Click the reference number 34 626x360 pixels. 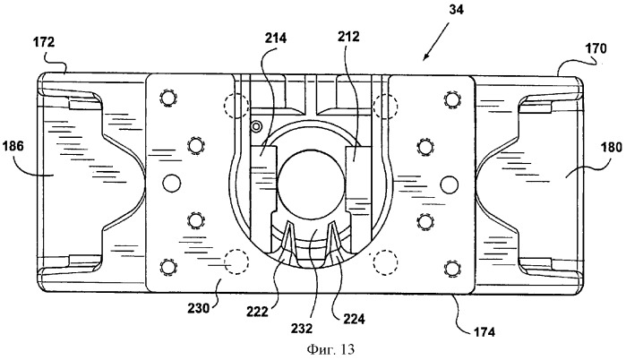(x=456, y=9)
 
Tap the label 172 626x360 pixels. (x=44, y=41)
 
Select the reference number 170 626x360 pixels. (x=596, y=48)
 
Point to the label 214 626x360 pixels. (x=276, y=38)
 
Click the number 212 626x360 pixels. (x=348, y=37)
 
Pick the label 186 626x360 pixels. (x=13, y=146)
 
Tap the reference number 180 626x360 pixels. (x=612, y=147)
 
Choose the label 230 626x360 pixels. (x=199, y=308)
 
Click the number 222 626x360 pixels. (x=258, y=311)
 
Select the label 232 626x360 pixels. (x=302, y=328)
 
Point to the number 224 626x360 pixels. (x=354, y=319)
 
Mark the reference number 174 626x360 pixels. (x=484, y=331)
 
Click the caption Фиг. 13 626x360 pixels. (x=330, y=349)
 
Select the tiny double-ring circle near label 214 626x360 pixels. (x=256, y=126)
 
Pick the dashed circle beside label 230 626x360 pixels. (x=236, y=261)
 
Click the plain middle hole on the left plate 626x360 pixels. (x=172, y=184)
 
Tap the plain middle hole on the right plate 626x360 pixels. (x=450, y=184)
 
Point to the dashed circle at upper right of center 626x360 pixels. (x=385, y=107)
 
